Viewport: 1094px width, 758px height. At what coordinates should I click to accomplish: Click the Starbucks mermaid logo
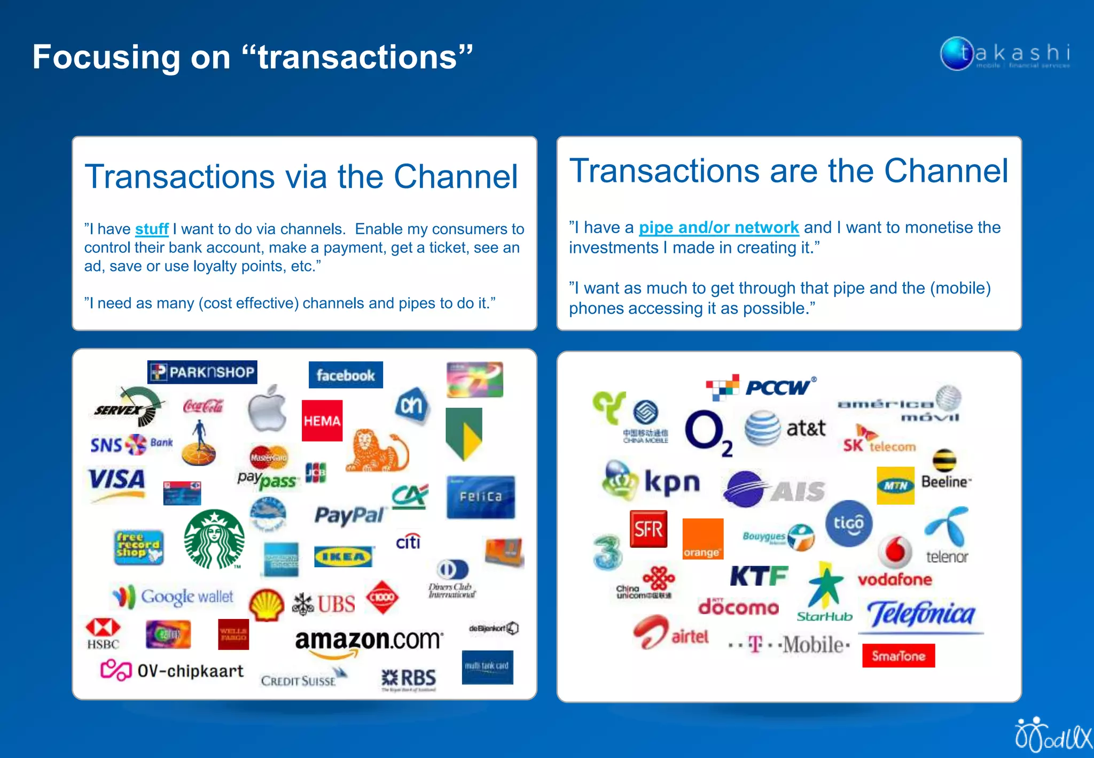pyautogui.click(x=214, y=539)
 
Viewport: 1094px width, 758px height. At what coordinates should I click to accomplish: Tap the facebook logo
pyautogui.click(x=346, y=375)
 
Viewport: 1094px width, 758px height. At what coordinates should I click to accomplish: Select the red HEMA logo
pyautogui.click(x=322, y=421)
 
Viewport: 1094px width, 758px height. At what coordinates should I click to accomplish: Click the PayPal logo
pyautogui.click(x=349, y=515)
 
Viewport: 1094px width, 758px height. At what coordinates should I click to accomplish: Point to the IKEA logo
pyautogui.click(x=343, y=557)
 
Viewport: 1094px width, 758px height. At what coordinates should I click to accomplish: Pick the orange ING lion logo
pyautogui.click(x=376, y=450)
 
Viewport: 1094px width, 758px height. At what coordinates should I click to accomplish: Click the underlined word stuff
pyautogui.click(x=152, y=229)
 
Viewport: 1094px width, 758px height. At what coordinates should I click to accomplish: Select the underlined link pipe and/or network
pyautogui.click(x=718, y=228)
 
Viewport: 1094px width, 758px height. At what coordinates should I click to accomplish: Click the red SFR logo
pyautogui.click(x=648, y=529)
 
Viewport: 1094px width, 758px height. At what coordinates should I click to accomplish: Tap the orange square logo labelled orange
pyautogui.click(x=703, y=539)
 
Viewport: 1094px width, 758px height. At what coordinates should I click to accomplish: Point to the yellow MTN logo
pyautogui.click(x=895, y=485)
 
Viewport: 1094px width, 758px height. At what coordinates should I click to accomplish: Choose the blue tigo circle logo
pyautogui.click(x=848, y=523)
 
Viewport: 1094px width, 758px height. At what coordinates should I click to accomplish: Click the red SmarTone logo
pyautogui.click(x=898, y=655)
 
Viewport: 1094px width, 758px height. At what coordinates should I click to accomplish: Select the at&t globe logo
pyautogui.click(x=763, y=428)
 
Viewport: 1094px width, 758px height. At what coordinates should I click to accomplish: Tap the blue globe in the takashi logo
pyautogui.click(x=956, y=53)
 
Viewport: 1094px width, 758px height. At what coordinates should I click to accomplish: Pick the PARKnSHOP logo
pyautogui.click(x=202, y=372)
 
